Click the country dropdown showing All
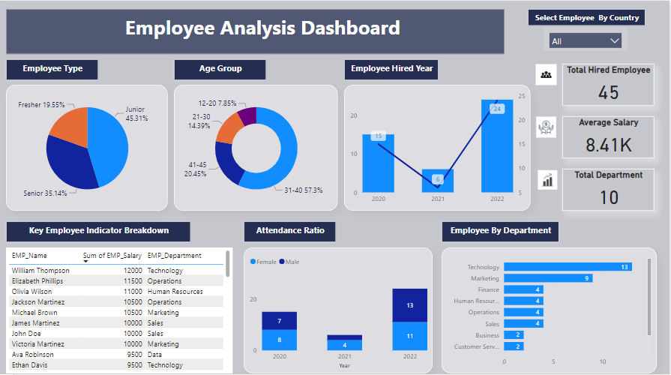[585, 40]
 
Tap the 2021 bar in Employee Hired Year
[437, 180]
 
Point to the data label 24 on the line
[496, 109]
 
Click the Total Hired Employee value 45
[608, 92]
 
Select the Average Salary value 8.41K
[608, 145]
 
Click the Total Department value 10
[608, 197]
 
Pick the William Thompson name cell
[40, 270]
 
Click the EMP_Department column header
[174, 256]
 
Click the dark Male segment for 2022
[409, 305]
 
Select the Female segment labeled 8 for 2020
[279, 340]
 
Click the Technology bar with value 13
[567, 267]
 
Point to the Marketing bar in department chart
[547, 278]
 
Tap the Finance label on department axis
[488, 289]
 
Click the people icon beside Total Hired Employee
[547, 74]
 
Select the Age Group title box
[220, 69]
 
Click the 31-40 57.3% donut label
[303, 190]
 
